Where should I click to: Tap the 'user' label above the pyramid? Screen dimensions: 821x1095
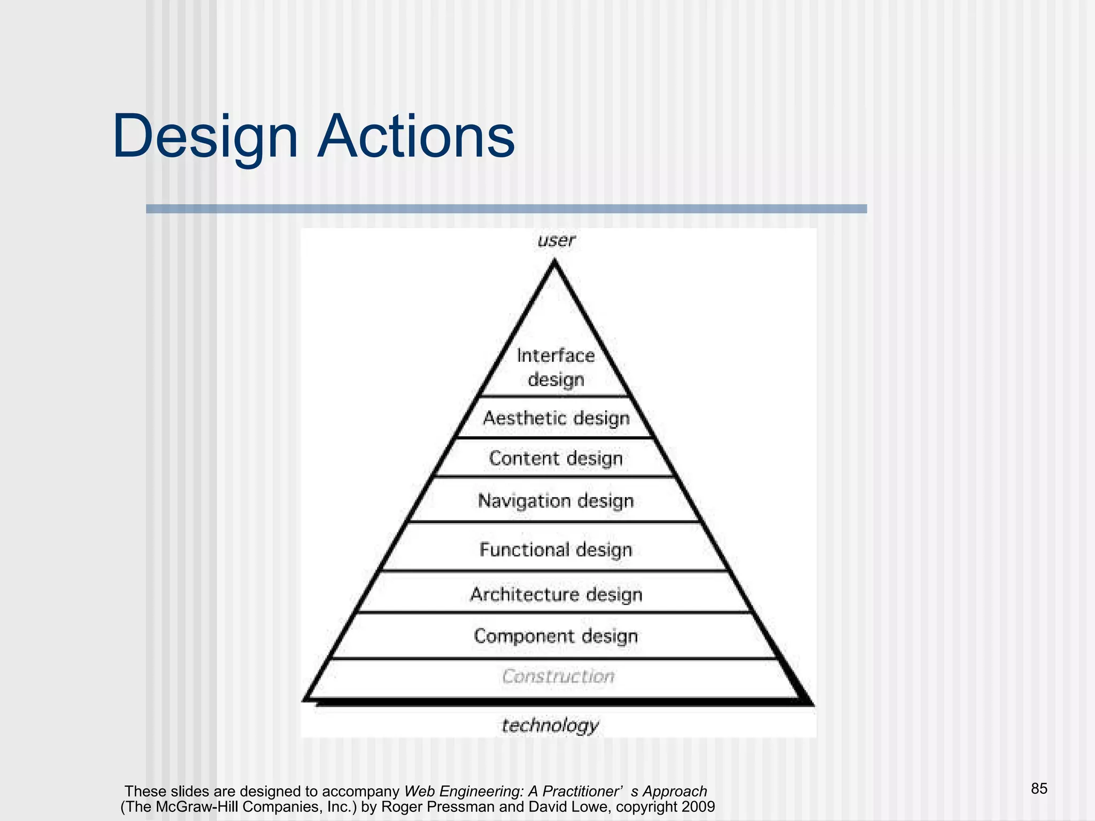(556, 241)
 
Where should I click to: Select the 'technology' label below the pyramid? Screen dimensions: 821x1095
(550, 725)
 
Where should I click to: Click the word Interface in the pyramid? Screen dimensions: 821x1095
(556, 355)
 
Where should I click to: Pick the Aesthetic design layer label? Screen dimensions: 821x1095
(556, 418)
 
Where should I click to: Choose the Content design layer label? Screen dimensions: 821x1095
(556, 459)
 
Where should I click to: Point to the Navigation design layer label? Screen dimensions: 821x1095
(556, 501)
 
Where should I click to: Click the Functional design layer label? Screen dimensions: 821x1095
(556, 549)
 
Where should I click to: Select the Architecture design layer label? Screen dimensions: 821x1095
(556, 594)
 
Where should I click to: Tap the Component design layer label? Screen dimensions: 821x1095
(556, 636)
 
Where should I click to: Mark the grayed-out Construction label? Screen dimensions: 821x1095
(558, 677)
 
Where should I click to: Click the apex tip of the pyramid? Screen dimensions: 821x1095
(554, 262)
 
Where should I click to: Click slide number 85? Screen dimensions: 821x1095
(1039, 788)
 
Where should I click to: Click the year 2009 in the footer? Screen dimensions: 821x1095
(698, 807)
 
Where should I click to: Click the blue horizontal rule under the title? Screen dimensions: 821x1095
(506, 209)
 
